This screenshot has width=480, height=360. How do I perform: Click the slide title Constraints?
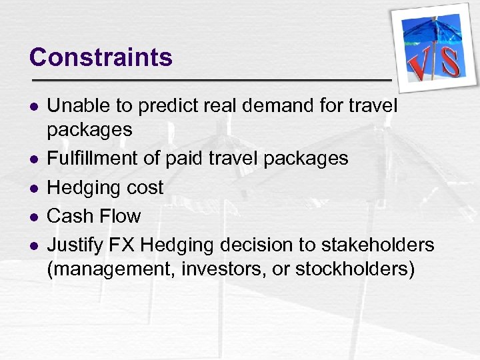pyautogui.click(x=101, y=57)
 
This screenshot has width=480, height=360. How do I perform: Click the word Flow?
pyautogui.click(x=119, y=216)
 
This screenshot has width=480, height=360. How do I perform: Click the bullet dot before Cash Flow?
pyautogui.click(x=33, y=217)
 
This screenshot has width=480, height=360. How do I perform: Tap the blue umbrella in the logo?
pyautogui.click(x=427, y=33)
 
